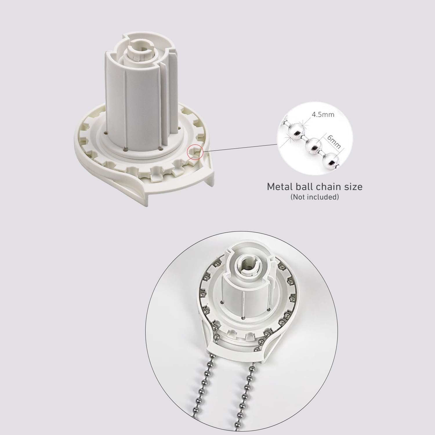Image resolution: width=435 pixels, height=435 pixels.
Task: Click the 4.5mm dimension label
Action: pyautogui.click(x=323, y=114)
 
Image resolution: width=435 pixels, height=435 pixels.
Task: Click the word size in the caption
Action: pyautogui.click(x=353, y=186)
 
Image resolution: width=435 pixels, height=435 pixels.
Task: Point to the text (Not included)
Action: pyautogui.click(x=315, y=197)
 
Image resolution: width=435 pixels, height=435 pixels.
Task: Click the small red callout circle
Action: pyautogui.click(x=195, y=152)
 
